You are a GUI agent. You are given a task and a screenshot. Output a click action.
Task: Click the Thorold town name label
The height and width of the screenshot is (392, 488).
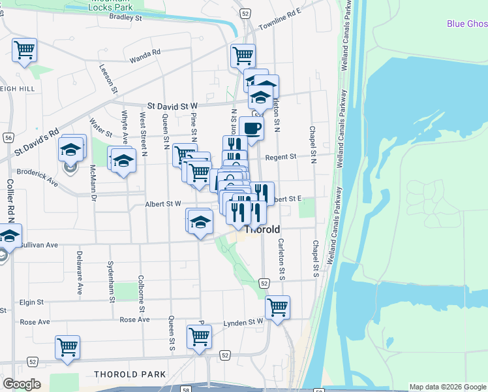pyautogui.click(x=262, y=230)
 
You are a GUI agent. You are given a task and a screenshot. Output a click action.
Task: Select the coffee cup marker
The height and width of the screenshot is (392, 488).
pyautogui.click(x=251, y=128)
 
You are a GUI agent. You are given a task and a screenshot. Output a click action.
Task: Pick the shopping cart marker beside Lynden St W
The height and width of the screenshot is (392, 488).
pyautogui.click(x=277, y=307)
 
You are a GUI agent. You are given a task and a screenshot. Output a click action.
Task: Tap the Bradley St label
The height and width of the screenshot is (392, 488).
pyautogui.click(x=126, y=18)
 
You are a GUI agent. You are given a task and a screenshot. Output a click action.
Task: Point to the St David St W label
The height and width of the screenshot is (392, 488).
pyautogui.click(x=172, y=105)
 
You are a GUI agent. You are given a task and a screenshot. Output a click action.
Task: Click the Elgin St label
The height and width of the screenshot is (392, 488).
pyautogui.click(x=31, y=302)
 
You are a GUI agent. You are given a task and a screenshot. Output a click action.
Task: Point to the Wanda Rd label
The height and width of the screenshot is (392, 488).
pyautogui.click(x=145, y=56)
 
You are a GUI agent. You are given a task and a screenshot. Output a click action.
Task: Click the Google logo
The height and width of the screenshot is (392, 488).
pyautogui.click(x=22, y=384)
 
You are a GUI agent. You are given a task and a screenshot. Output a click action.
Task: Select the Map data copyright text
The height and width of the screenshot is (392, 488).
pyautogui.click(x=448, y=387)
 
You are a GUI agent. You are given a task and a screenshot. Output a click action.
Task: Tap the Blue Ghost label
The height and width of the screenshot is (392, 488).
pyautogui.click(x=467, y=24)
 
